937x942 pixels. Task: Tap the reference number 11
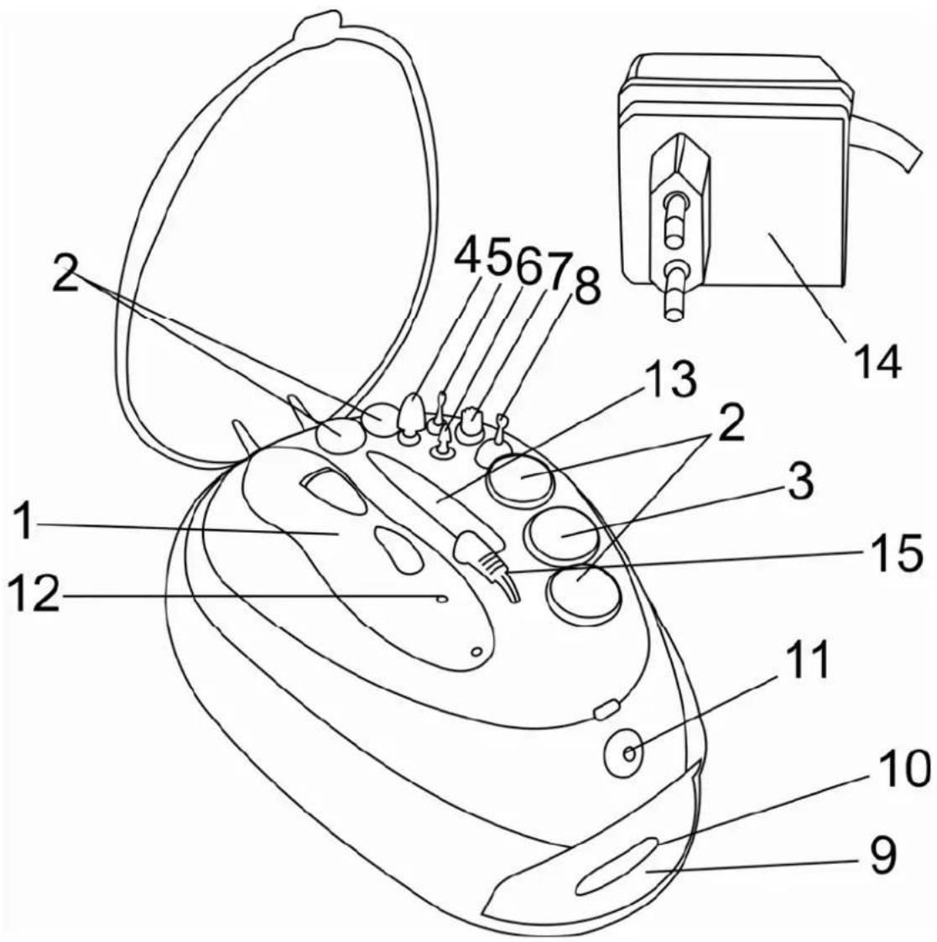point(804,659)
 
